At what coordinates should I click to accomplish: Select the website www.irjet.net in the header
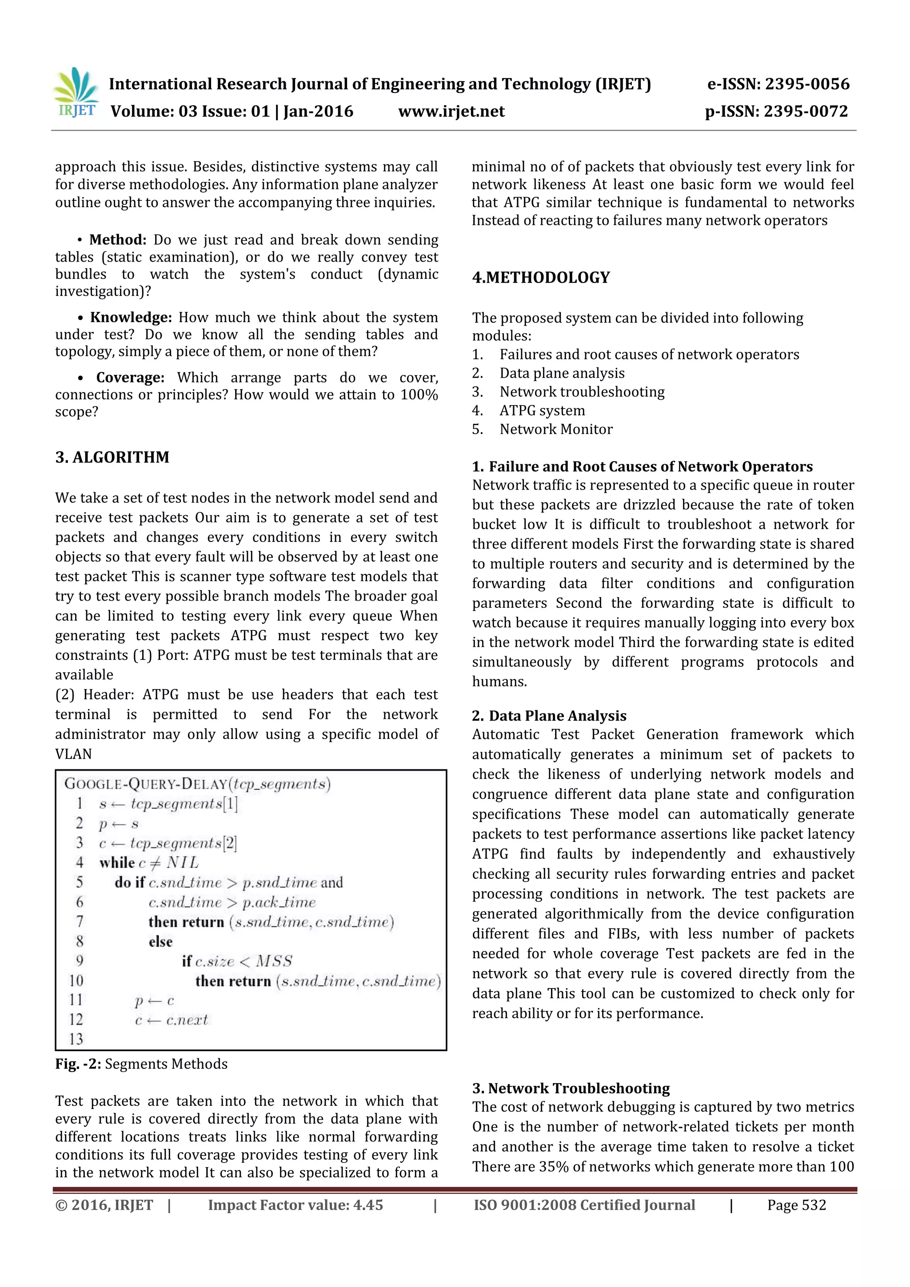(x=451, y=112)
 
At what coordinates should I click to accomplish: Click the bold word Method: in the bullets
(x=118, y=240)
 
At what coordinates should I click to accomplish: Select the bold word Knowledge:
(x=131, y=317)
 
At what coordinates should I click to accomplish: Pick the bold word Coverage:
(x=130, y=377)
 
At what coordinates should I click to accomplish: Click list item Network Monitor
(x=556, y=430)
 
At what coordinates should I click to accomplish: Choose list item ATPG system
(x=542, y=411)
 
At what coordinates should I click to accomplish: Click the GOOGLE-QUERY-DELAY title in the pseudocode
(x=146, y=784)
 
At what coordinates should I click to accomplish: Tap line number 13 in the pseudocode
(x=76, y=1039)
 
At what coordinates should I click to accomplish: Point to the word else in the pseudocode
(x=160, y=942)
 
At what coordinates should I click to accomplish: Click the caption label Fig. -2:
(x=78, y=1064)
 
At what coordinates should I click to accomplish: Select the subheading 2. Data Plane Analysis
(x=549, y=716)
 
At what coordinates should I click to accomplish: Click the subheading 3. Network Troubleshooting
(x=571, y=1088)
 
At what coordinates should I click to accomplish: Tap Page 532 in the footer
(x=796, y=1205)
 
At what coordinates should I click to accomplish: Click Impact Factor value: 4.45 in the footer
(x=295, y=1205)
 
